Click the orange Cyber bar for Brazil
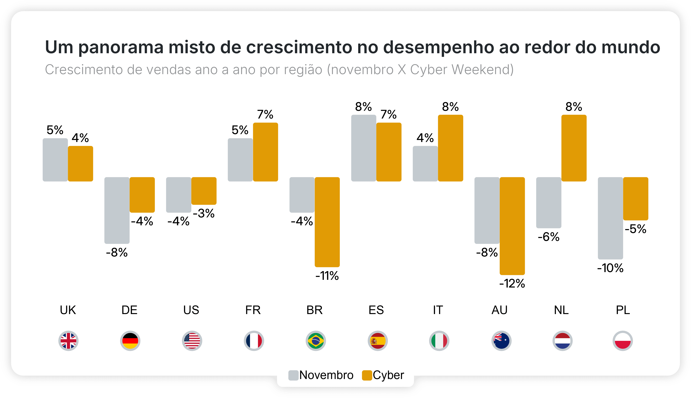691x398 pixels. pos(327,222)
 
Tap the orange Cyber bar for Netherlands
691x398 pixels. pos(574,148)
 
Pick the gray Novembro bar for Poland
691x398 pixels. pos(610,218)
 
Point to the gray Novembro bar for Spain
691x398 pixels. pos(363,148)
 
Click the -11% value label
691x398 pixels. pos(327,276)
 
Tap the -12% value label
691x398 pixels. pos(512,284)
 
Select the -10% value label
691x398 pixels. pos(610,268)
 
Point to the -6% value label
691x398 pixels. pos(549,237)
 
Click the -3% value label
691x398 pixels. pos(204,214)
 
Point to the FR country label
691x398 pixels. pos(253,310)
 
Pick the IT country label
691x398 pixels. pos(438,310)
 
